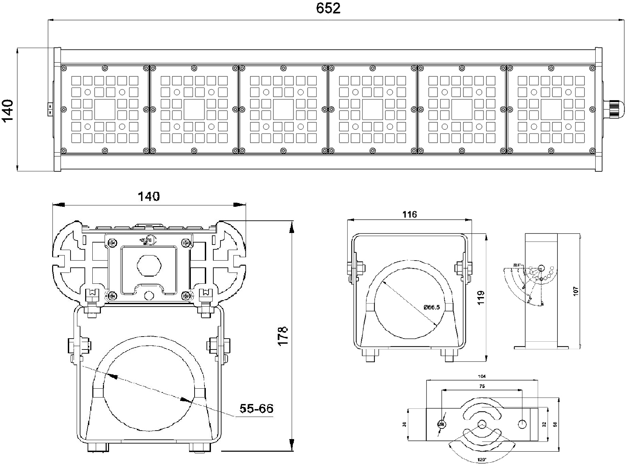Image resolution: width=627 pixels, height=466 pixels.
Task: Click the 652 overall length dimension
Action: point(328,8)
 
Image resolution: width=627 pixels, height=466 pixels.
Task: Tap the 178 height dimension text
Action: point(283,336)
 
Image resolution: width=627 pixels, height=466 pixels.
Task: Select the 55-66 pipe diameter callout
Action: point(256,408)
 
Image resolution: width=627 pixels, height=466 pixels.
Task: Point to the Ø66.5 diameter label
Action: point(431,307)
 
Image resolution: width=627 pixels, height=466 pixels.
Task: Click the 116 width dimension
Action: point(409,214)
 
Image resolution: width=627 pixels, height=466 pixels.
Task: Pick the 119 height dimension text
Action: point(481,298)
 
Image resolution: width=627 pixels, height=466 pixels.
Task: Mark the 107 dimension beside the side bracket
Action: point(576,291)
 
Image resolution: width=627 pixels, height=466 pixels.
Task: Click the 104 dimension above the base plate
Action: point(481,376)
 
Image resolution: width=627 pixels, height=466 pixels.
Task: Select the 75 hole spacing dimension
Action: point(481,386)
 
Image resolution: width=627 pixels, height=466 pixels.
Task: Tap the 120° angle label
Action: point(481,460)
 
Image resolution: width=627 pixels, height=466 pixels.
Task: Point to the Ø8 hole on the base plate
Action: point(441,424)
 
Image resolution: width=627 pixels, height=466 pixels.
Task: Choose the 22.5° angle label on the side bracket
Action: point(517,265)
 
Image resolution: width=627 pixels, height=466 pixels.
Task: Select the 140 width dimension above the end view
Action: point(149,197)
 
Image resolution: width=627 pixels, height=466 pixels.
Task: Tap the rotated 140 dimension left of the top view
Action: point(7,110)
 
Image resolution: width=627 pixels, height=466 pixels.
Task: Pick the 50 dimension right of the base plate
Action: point(555,424)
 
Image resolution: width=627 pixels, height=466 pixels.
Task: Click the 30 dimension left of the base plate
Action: point(404,424)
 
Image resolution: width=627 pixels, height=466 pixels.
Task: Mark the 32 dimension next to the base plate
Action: point(544,424)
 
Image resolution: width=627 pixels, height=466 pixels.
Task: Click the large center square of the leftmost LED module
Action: point(105,109)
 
